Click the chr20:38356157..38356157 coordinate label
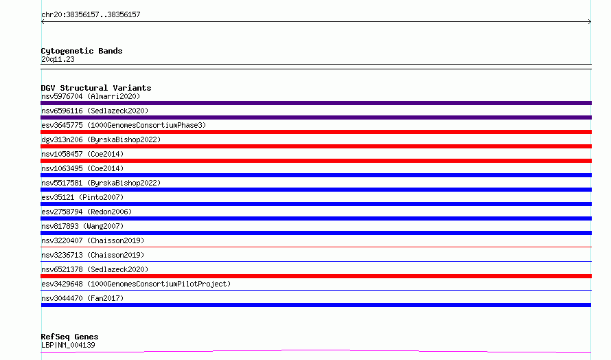point(91,15)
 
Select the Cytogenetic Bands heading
point(82,51)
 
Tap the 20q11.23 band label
point(58,59)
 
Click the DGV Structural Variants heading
point(96,88)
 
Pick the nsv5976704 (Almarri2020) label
point(91,96)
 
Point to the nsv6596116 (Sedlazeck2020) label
point(95,111)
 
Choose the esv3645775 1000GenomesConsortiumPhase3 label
point(124,125)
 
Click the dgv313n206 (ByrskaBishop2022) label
point(101,139)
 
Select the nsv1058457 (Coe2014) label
point(82,154)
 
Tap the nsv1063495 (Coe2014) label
point(82,168)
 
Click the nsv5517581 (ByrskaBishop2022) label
point(101,183)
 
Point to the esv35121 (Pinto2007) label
point(82,197)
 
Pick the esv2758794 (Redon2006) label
point(87,212)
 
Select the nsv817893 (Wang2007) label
point(82,226)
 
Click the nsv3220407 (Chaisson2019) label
point(93,240)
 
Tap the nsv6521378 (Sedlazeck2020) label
point(95,269)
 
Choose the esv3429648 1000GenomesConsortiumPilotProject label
point(136,284)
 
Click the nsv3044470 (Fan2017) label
point(82,298)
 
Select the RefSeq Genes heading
point(69,337)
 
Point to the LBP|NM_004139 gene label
point(68,345)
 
